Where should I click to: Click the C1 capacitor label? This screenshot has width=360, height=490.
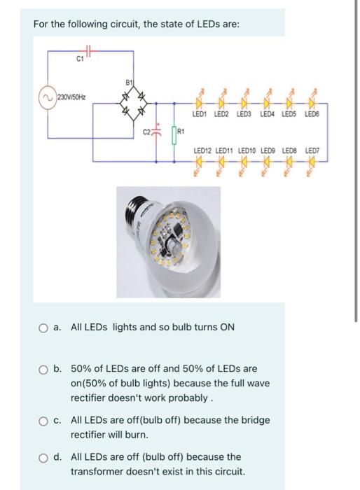(81, 59)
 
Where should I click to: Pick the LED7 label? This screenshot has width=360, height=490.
(312, 149)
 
